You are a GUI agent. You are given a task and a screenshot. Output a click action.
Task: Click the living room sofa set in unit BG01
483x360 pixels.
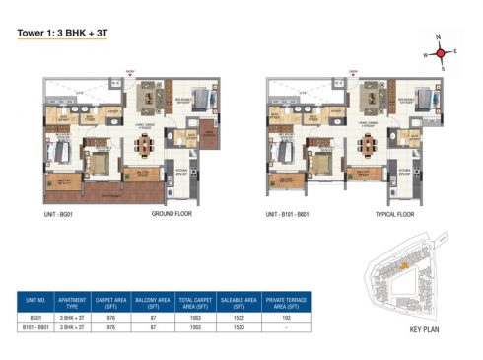pos(153,95)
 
